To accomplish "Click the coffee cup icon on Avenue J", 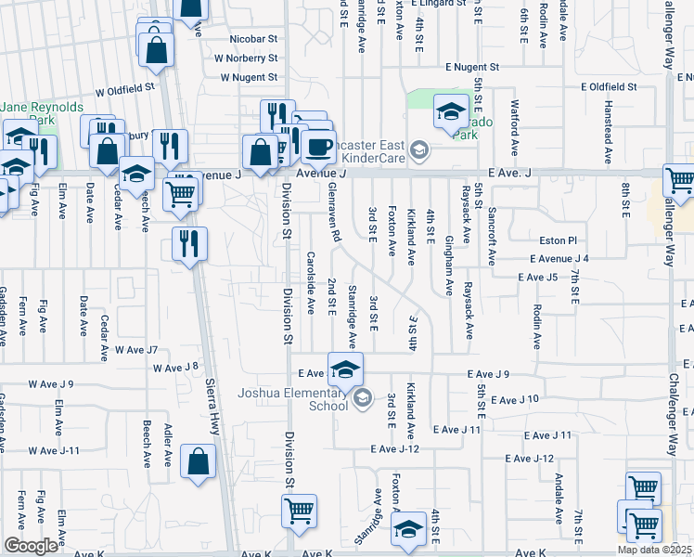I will click(x=318, y=147).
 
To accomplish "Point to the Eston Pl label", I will click(x=559, y=240).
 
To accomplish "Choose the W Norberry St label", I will click(x=246, y=58).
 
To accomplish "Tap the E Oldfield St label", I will click(x=609, y=86).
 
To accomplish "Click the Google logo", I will click(x=31, y=546).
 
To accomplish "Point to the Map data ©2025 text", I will click(x=655, y=550).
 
